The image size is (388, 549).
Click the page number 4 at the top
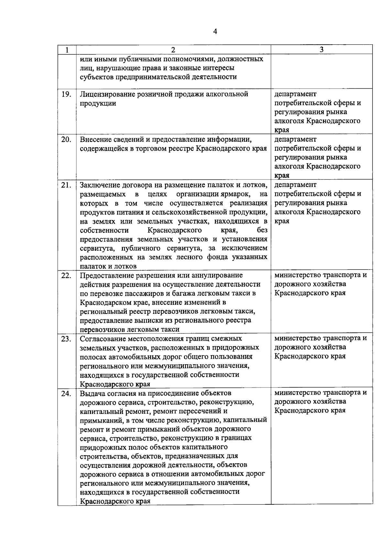(x=215, y=31)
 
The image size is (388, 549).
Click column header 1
(x=67, y=50)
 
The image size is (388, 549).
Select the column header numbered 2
(x=173, y=50)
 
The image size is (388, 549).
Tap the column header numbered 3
(x=321, y=49)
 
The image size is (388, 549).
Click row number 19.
(x=66, y=94)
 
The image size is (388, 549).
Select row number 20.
(x=66, y=139)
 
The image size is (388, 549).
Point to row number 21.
(x=66, y=185)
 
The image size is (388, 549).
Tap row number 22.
(x=66, y=276)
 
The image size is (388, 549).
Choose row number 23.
(x=66, y=339)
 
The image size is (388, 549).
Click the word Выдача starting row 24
(x=92, y=393)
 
